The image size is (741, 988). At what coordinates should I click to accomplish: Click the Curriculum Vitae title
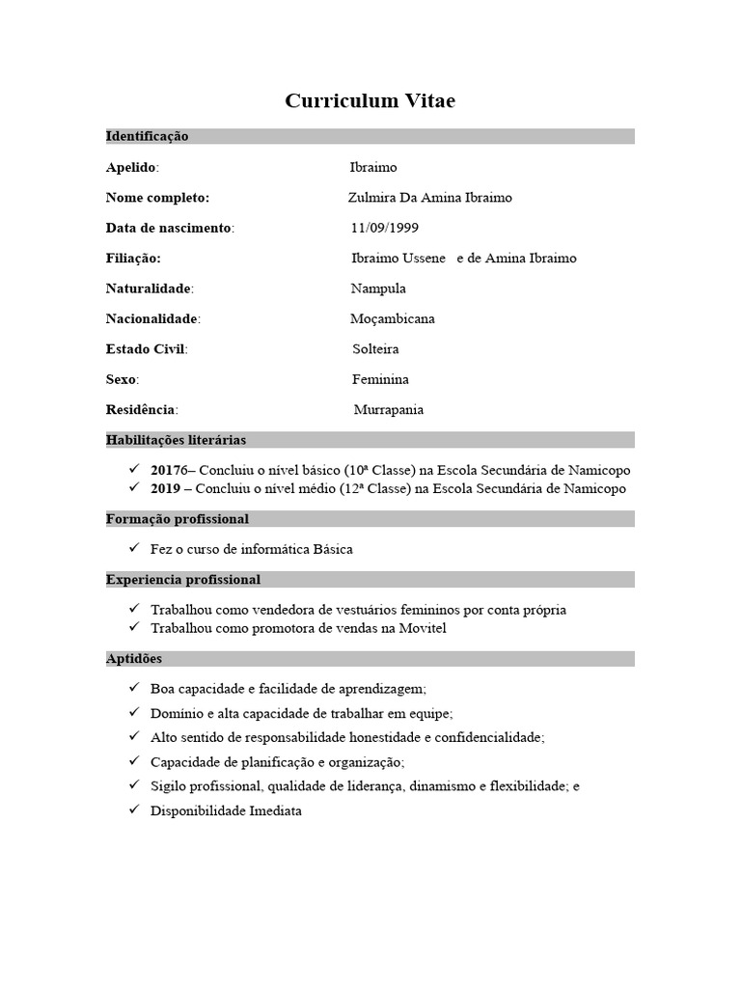[x=370, y=101]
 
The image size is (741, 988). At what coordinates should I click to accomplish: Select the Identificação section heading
[x=147, y=136]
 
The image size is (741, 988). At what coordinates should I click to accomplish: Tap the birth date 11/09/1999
[x=385, y=228]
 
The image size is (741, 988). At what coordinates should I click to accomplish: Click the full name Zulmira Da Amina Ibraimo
[x=430, y=198]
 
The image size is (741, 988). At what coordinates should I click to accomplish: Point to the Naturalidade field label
[x=149, y=288]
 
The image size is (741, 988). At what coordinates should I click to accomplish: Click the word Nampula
[x=378, y=288]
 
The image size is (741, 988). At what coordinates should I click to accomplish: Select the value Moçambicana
[x=392, y=318]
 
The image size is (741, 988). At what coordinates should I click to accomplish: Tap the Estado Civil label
[x=145, y=349]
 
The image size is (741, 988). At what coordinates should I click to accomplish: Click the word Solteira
[x=375, y=349]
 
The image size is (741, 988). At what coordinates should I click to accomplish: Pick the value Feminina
[x=380, y=379]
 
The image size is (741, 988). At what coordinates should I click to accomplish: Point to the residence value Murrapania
[x=388, y=410]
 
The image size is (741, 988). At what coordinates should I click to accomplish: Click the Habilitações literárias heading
[x=176, y=440]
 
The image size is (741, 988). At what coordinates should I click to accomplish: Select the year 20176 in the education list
[x=171, y=471]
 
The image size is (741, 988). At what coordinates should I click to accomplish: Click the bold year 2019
[x=167, y=489]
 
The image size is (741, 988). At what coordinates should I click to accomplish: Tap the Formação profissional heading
[x=177, y=519]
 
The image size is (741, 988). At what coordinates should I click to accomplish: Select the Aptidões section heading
[x=134, y=659]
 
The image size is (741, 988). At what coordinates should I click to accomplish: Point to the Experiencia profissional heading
[x=182, y=580]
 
